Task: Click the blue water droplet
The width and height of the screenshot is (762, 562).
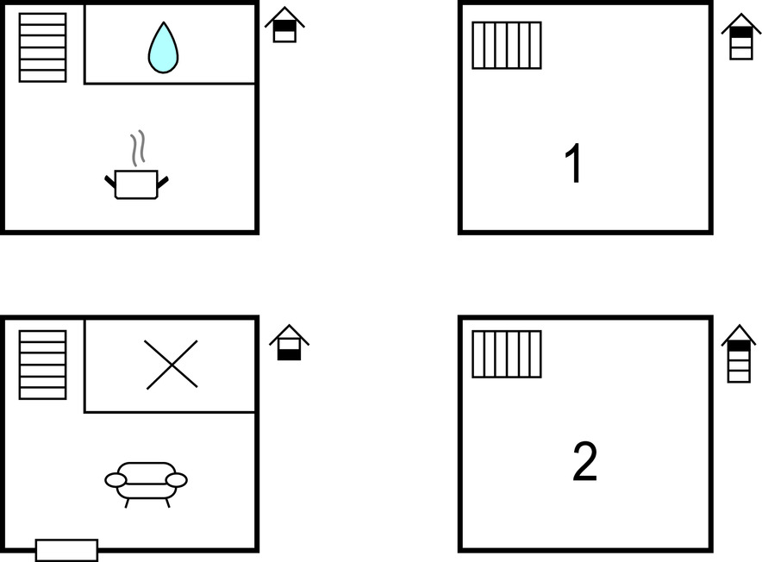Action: (163, 48)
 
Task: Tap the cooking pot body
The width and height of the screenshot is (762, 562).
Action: (136, 184)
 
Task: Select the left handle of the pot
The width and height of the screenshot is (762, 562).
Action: (110, 182)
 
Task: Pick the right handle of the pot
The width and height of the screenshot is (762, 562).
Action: (163, 182)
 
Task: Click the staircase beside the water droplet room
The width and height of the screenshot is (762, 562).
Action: (43, 47)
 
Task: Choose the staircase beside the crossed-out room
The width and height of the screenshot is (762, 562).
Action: (43, 365)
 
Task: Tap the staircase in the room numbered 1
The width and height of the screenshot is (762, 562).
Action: (507, 45)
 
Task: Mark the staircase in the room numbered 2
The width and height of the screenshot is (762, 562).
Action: (507, 354)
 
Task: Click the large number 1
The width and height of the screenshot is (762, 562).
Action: (574, 164)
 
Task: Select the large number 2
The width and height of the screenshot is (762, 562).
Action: (584, 461)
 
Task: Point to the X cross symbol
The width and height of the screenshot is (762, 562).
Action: (171, 365)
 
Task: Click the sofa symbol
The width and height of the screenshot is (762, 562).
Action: (147, 484)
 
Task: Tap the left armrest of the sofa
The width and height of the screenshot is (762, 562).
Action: (116, 480)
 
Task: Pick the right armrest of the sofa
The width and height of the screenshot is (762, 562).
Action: (177, 480)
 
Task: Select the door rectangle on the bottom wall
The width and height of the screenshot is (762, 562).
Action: (67, 550)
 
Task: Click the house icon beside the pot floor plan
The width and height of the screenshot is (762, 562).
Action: (284, 25)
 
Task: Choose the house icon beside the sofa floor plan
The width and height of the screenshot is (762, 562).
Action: (289, 343)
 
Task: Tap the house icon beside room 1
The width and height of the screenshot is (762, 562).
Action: (741, 37)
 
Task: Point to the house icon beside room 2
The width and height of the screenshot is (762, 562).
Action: (739, 354)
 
